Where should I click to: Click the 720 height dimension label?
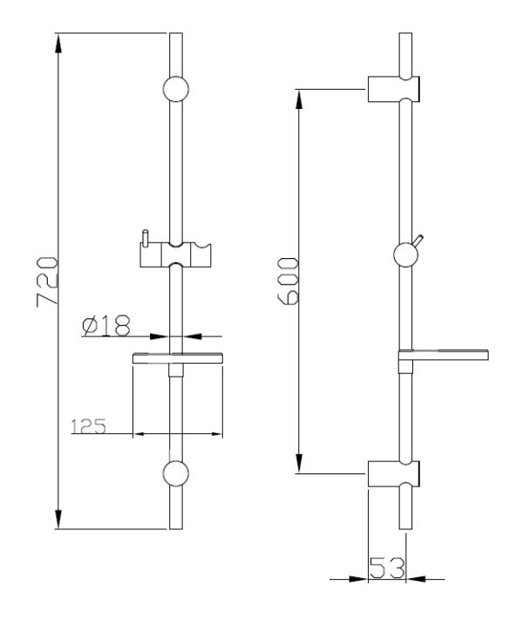tap(47, 282)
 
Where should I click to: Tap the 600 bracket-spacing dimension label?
tap(288, 281)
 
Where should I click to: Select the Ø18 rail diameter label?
tap(106, 325)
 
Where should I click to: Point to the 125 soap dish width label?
tap(89, 426)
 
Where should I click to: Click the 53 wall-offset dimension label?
tap(387, 568)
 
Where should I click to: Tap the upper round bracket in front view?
tap(176, 89)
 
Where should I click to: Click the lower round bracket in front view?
tap(176, 473)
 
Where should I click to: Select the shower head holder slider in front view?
tap(176, 255)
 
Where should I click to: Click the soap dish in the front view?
tap(177, 358)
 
